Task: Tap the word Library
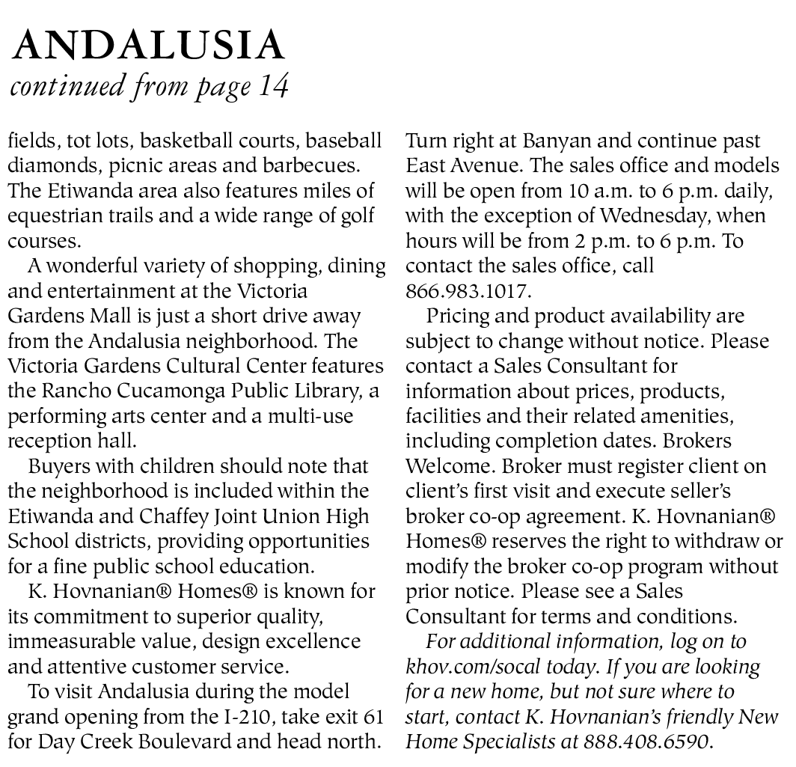click(334, 391)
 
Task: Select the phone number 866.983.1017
click(468, 291)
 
